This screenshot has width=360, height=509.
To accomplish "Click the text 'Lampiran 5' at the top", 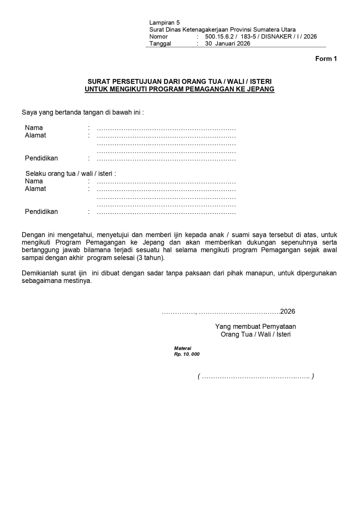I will pos(164,23).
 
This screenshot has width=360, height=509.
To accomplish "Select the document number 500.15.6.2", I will pos(219,37).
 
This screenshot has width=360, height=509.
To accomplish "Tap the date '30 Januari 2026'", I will pos(227,44).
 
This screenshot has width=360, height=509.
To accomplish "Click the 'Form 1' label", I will pos(326,59).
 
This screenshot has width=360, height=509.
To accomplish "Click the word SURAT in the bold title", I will pos(99,82).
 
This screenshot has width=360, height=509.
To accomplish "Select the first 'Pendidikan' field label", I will pos(41,158).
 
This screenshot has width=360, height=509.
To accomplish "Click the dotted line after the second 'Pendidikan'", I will pos(166,212).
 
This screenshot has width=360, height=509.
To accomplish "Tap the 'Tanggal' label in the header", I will pos(160,44).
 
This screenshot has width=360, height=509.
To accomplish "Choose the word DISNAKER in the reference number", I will pos(276,37).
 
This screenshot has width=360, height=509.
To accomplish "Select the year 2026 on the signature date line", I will pos(287,311).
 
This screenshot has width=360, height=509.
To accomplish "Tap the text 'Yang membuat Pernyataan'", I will pos(255,326).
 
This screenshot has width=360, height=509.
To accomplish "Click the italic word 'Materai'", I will pos(183,348).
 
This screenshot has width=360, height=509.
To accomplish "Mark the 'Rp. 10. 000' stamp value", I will pos(187,354).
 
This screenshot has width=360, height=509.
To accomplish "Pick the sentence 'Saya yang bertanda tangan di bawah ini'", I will pos(82,112).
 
